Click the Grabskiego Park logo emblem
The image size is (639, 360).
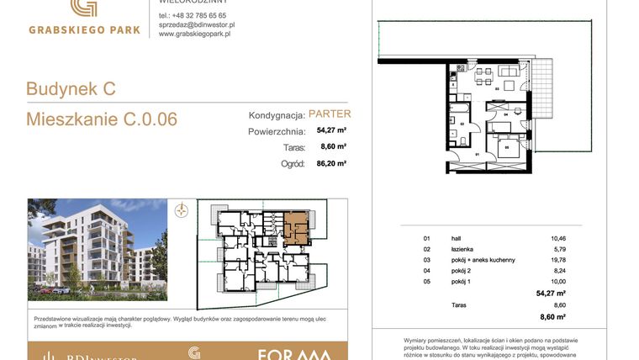tap(82, 8)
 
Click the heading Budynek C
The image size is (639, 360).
tap(71, 88)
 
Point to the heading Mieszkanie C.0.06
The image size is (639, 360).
tap(102, 119)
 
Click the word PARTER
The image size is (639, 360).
tap(330, 114)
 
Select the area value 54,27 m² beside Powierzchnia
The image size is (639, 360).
tap(331, 130)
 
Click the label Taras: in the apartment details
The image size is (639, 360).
tap(292, 147)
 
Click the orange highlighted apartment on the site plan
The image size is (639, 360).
tap(295, 227)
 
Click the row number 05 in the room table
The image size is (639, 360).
tap(426, 282)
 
